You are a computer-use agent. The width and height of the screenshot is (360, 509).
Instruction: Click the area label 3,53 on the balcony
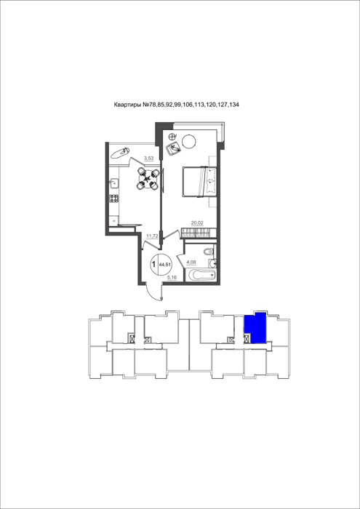148,158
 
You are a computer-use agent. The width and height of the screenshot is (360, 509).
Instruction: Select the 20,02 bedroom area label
196,223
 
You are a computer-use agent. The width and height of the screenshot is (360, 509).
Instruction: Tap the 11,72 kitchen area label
152,236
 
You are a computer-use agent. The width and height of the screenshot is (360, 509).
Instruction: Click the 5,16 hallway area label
172,278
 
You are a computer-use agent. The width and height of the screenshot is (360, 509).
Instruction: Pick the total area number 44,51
165,264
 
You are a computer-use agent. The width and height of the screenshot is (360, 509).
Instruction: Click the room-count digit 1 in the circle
153,264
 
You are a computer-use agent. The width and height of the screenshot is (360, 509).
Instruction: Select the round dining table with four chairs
148,179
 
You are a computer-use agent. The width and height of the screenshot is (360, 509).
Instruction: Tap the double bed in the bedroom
200,182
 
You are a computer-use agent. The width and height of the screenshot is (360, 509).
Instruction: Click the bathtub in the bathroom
201,276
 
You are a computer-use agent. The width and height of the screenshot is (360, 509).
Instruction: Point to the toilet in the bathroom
209,251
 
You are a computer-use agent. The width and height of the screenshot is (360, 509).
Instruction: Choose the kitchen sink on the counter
113,183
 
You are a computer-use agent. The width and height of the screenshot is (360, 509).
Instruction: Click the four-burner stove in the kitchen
113,198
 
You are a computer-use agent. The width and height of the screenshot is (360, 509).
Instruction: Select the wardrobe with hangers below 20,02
199,233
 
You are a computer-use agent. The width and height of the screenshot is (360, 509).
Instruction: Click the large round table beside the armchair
188,142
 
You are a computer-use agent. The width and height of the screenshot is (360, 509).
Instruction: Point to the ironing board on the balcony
120,152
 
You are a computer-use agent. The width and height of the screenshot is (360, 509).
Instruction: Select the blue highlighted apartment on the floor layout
255,328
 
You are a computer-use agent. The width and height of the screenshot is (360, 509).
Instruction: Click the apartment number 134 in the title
235,105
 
